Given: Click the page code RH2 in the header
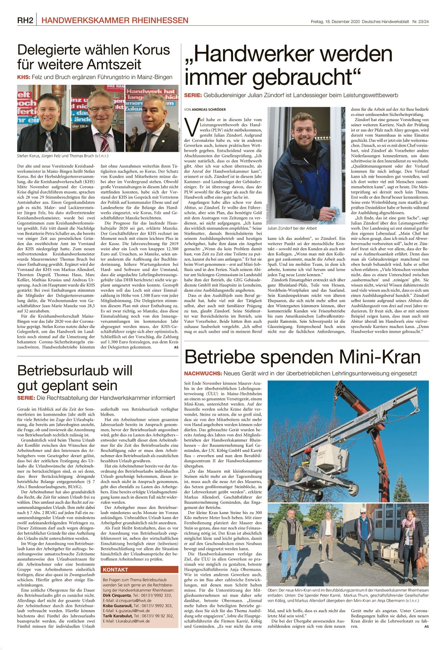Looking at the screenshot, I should [x=25, y=21].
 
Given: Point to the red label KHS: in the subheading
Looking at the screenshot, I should [x=24, y=77].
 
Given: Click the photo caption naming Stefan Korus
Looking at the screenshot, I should [x=63, y=156].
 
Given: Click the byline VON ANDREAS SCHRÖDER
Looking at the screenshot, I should [x=205, y=110].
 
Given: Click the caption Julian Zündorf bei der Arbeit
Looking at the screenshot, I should [x=292, y=228].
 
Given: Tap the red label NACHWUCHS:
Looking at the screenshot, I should [x=203, y=373].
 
